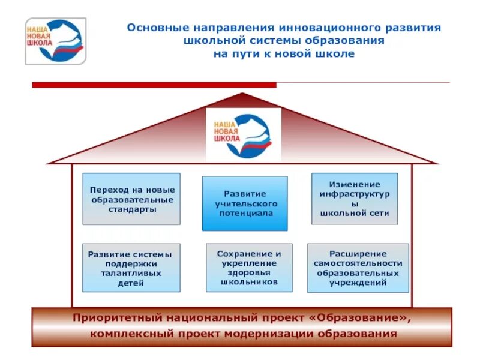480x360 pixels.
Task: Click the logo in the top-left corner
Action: [55, 41]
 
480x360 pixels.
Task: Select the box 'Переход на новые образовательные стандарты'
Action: [131, 199]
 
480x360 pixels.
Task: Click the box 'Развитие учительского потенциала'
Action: [245, 203]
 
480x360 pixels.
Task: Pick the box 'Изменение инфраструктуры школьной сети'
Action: [355, 199]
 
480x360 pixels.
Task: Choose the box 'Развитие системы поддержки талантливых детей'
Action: [131, 268]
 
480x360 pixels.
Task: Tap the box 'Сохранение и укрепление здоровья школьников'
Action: [248, 267]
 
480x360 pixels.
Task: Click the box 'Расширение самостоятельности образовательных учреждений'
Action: [358, 268]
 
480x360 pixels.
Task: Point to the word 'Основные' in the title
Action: [157, 28]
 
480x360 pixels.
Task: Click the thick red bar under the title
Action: [154, 85]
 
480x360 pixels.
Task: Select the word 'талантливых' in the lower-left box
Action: [131, 274]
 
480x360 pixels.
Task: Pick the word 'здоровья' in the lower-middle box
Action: [248, 272]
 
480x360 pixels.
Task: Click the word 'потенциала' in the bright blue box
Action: [244, 213]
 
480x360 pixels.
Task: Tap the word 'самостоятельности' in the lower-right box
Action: [358, 263]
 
